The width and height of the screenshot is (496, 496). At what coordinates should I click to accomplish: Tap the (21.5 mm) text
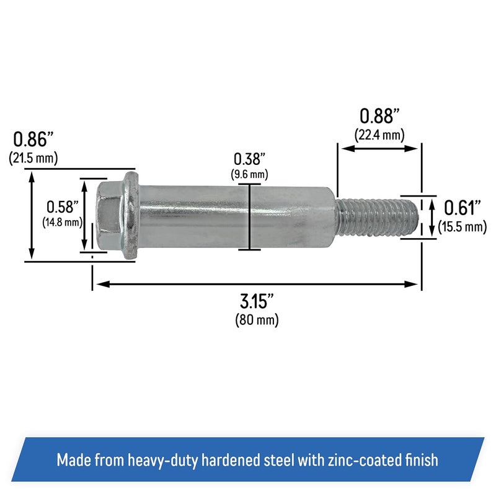(34, 159)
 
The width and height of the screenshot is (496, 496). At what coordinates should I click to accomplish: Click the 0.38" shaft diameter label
(249, 158)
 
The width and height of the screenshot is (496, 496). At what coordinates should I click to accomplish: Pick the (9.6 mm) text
(250, 174)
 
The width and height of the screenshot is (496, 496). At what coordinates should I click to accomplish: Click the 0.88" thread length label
(379, 116)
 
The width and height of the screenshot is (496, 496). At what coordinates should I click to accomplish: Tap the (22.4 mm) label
(379, 134)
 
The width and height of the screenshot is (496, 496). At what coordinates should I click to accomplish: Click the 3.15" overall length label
(257, 303)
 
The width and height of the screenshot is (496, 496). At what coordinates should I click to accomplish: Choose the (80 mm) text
(257, 321)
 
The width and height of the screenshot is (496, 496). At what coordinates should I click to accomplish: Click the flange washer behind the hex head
(131, 215)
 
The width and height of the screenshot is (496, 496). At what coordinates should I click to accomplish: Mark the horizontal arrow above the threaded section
(379, 149)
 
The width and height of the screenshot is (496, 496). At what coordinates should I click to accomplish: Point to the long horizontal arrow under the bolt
(257, 284)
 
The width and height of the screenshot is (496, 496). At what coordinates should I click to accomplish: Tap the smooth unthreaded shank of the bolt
(236, 215)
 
